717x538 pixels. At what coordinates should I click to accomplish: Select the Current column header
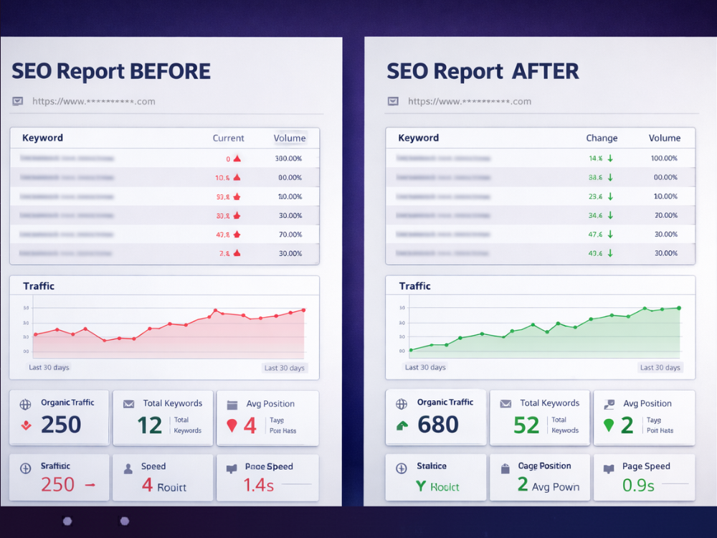[x=228, y=138]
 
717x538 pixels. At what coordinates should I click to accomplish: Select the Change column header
[x=602, y=138]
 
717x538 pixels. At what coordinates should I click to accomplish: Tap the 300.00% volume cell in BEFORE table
[x=289, y=159]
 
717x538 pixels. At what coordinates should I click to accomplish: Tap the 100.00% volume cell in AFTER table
[x=664, y=158]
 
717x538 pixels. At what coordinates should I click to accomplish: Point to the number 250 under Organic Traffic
[x=61, y=425]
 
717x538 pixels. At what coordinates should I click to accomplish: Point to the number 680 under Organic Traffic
[x=437, y=425]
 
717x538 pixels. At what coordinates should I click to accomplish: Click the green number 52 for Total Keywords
[x=526, y=425]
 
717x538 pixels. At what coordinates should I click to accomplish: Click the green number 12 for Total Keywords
[x=150, y=425]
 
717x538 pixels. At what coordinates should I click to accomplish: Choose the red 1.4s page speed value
[x=259, y=486]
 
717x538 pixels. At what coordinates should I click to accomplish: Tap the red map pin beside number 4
[x=232, y=425]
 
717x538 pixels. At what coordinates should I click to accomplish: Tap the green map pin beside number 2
[x=609, y=425]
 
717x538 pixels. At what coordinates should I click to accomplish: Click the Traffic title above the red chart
[x=39, y=286]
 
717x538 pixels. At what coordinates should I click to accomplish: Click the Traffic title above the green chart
[x=415, y=286]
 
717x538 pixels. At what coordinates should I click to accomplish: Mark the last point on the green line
[x=679, y=308]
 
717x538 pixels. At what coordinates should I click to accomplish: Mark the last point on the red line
[x=303, y=310]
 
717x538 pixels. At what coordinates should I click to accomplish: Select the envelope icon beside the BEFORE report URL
[x=17, y=101]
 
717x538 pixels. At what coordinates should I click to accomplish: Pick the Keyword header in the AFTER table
[x=419, y=138]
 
